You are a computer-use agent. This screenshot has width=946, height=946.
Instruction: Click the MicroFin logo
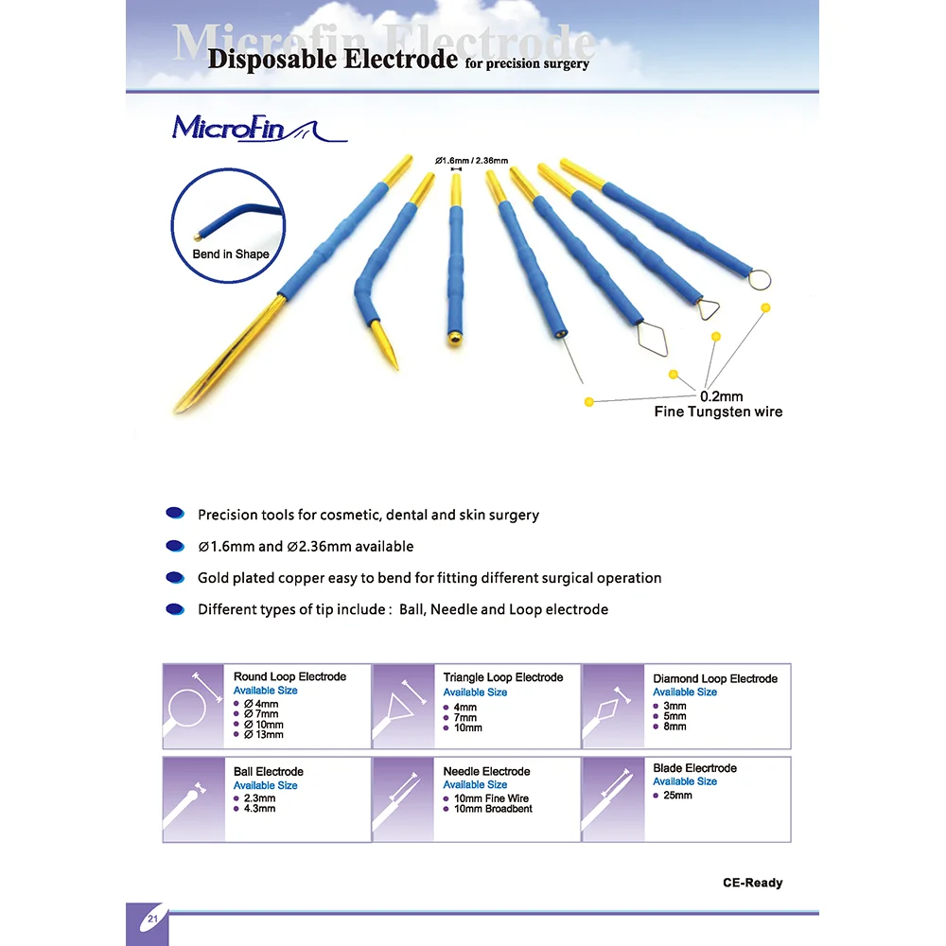point(258,130)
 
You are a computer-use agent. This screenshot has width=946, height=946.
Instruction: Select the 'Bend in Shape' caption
point(231,254)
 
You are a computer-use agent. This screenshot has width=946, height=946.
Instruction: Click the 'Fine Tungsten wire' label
point(718,412)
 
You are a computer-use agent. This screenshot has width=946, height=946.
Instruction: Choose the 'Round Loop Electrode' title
point(289,677)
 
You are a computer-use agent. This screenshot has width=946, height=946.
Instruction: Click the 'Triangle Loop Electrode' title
point(502,677)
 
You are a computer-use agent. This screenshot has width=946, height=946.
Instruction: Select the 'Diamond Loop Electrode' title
point(714,678)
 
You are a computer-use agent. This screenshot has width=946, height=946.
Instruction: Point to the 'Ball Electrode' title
point(268,772)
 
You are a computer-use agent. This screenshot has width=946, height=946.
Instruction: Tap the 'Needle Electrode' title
point(486,772)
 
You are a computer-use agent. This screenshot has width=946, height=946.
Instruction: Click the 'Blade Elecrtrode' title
point(694,768)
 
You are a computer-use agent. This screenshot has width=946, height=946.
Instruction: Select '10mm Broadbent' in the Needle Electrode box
point(493,809)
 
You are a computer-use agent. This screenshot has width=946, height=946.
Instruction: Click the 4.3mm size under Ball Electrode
point(259,809)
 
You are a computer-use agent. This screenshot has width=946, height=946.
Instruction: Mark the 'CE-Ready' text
point(752,883)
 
